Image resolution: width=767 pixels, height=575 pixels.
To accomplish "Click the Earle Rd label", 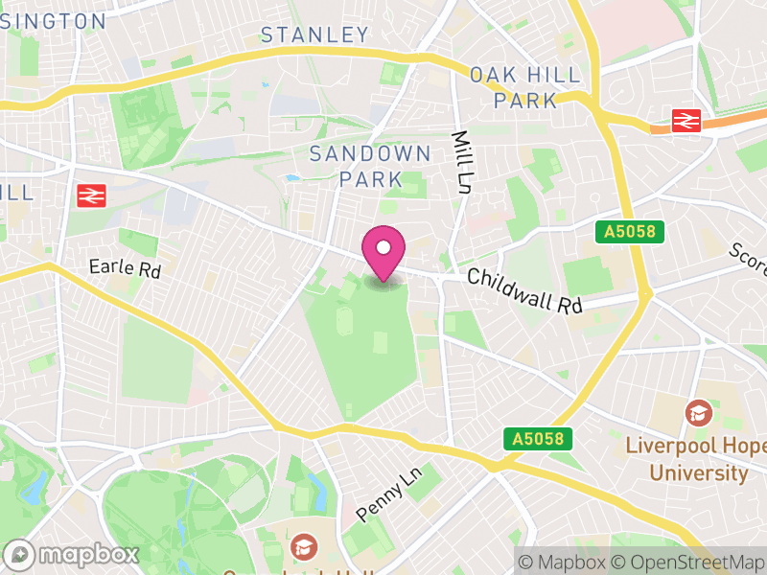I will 126,269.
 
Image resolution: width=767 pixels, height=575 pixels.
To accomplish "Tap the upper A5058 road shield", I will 629,232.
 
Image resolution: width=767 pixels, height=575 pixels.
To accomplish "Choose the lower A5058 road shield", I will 538,439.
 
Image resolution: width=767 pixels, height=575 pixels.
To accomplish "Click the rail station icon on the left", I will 90,195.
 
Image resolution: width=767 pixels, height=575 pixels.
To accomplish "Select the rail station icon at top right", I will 686,120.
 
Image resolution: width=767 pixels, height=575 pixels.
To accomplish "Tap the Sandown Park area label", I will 369,166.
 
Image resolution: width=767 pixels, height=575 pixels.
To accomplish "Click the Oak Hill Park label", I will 525,87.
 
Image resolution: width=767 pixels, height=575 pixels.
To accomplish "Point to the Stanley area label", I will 314,35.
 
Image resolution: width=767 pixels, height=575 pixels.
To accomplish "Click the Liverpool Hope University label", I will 696,459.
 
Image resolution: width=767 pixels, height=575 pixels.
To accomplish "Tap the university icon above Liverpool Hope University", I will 699,414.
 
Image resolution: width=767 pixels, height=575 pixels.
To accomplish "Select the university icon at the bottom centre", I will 304,548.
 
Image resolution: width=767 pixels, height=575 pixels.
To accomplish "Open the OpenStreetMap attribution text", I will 691,562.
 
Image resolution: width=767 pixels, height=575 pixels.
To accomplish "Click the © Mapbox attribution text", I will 563,562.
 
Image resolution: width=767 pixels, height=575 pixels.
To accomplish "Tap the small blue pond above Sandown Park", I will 291,178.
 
